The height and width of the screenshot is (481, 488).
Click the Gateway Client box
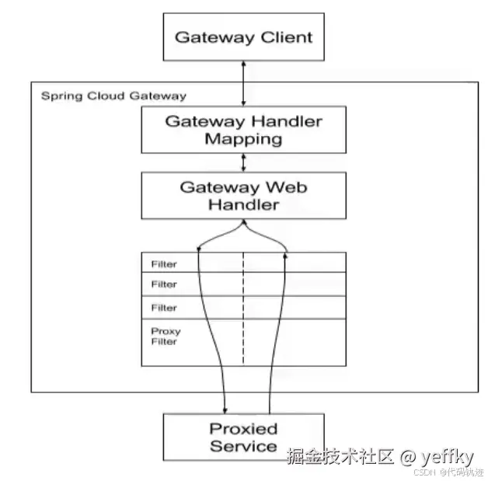[243, 37]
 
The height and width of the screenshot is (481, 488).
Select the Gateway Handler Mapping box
[243, 130]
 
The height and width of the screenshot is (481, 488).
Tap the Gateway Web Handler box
[243, 196]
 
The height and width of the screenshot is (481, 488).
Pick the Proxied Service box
[243, 437]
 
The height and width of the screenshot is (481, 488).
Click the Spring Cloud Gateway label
[113, 96]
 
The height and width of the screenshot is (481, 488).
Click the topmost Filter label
[164, 264]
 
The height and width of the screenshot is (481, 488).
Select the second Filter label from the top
[164, 284]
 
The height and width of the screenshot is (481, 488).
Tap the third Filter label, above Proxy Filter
[164, 307]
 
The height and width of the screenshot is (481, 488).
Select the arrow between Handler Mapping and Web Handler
[243, 162]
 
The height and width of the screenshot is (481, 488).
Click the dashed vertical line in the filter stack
[243, 311]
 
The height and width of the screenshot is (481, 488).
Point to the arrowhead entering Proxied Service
[225, 409]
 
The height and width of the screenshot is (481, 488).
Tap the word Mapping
[243, 139]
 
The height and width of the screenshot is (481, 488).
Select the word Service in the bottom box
[243, 446]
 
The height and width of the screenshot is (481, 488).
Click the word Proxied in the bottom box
[243, 428]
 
